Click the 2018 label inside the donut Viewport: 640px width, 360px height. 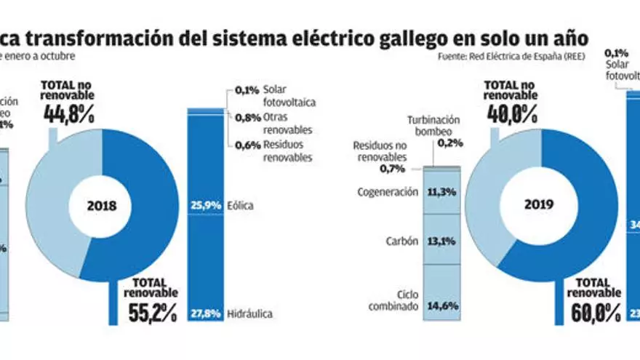[103, 206]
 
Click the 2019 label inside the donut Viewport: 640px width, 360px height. [539, 206]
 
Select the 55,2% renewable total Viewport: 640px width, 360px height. [152, 313]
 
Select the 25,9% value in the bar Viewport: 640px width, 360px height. [204, 206]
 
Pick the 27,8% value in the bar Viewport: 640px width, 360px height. [204, 314]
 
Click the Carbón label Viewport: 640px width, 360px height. [402, 242]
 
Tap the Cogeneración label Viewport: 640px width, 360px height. [388, 192]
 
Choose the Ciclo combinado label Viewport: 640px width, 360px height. [397, 300]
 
